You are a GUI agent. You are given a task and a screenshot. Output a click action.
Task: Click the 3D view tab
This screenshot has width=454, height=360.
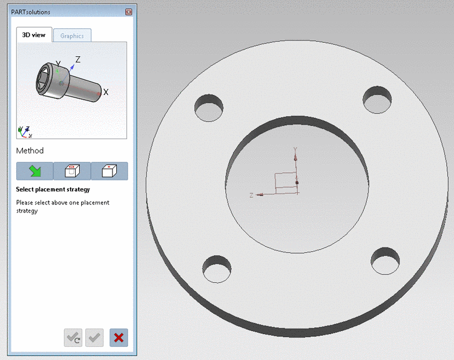coord(34,35)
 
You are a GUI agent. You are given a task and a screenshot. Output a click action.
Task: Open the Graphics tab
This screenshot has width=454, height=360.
coord(72,36)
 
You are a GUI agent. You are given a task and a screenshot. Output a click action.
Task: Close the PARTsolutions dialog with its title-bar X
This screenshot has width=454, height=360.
coord(128,12)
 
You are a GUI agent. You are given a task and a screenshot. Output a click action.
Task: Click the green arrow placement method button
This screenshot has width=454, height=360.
coord(35,171)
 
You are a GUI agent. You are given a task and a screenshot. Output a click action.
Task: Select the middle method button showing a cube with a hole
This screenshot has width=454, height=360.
coord(72,171)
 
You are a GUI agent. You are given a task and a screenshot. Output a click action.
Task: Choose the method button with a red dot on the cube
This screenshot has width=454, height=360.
coord(109,171)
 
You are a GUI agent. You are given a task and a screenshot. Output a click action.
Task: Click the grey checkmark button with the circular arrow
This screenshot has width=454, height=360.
coord(73,338)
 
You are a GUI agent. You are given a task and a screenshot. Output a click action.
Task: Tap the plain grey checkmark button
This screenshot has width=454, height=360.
coord(94,338)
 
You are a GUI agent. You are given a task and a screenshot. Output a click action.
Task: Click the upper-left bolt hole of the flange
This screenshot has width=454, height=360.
coord(209,108)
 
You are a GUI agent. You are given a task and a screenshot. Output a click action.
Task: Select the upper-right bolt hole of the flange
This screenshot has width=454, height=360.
coord(377,100)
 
